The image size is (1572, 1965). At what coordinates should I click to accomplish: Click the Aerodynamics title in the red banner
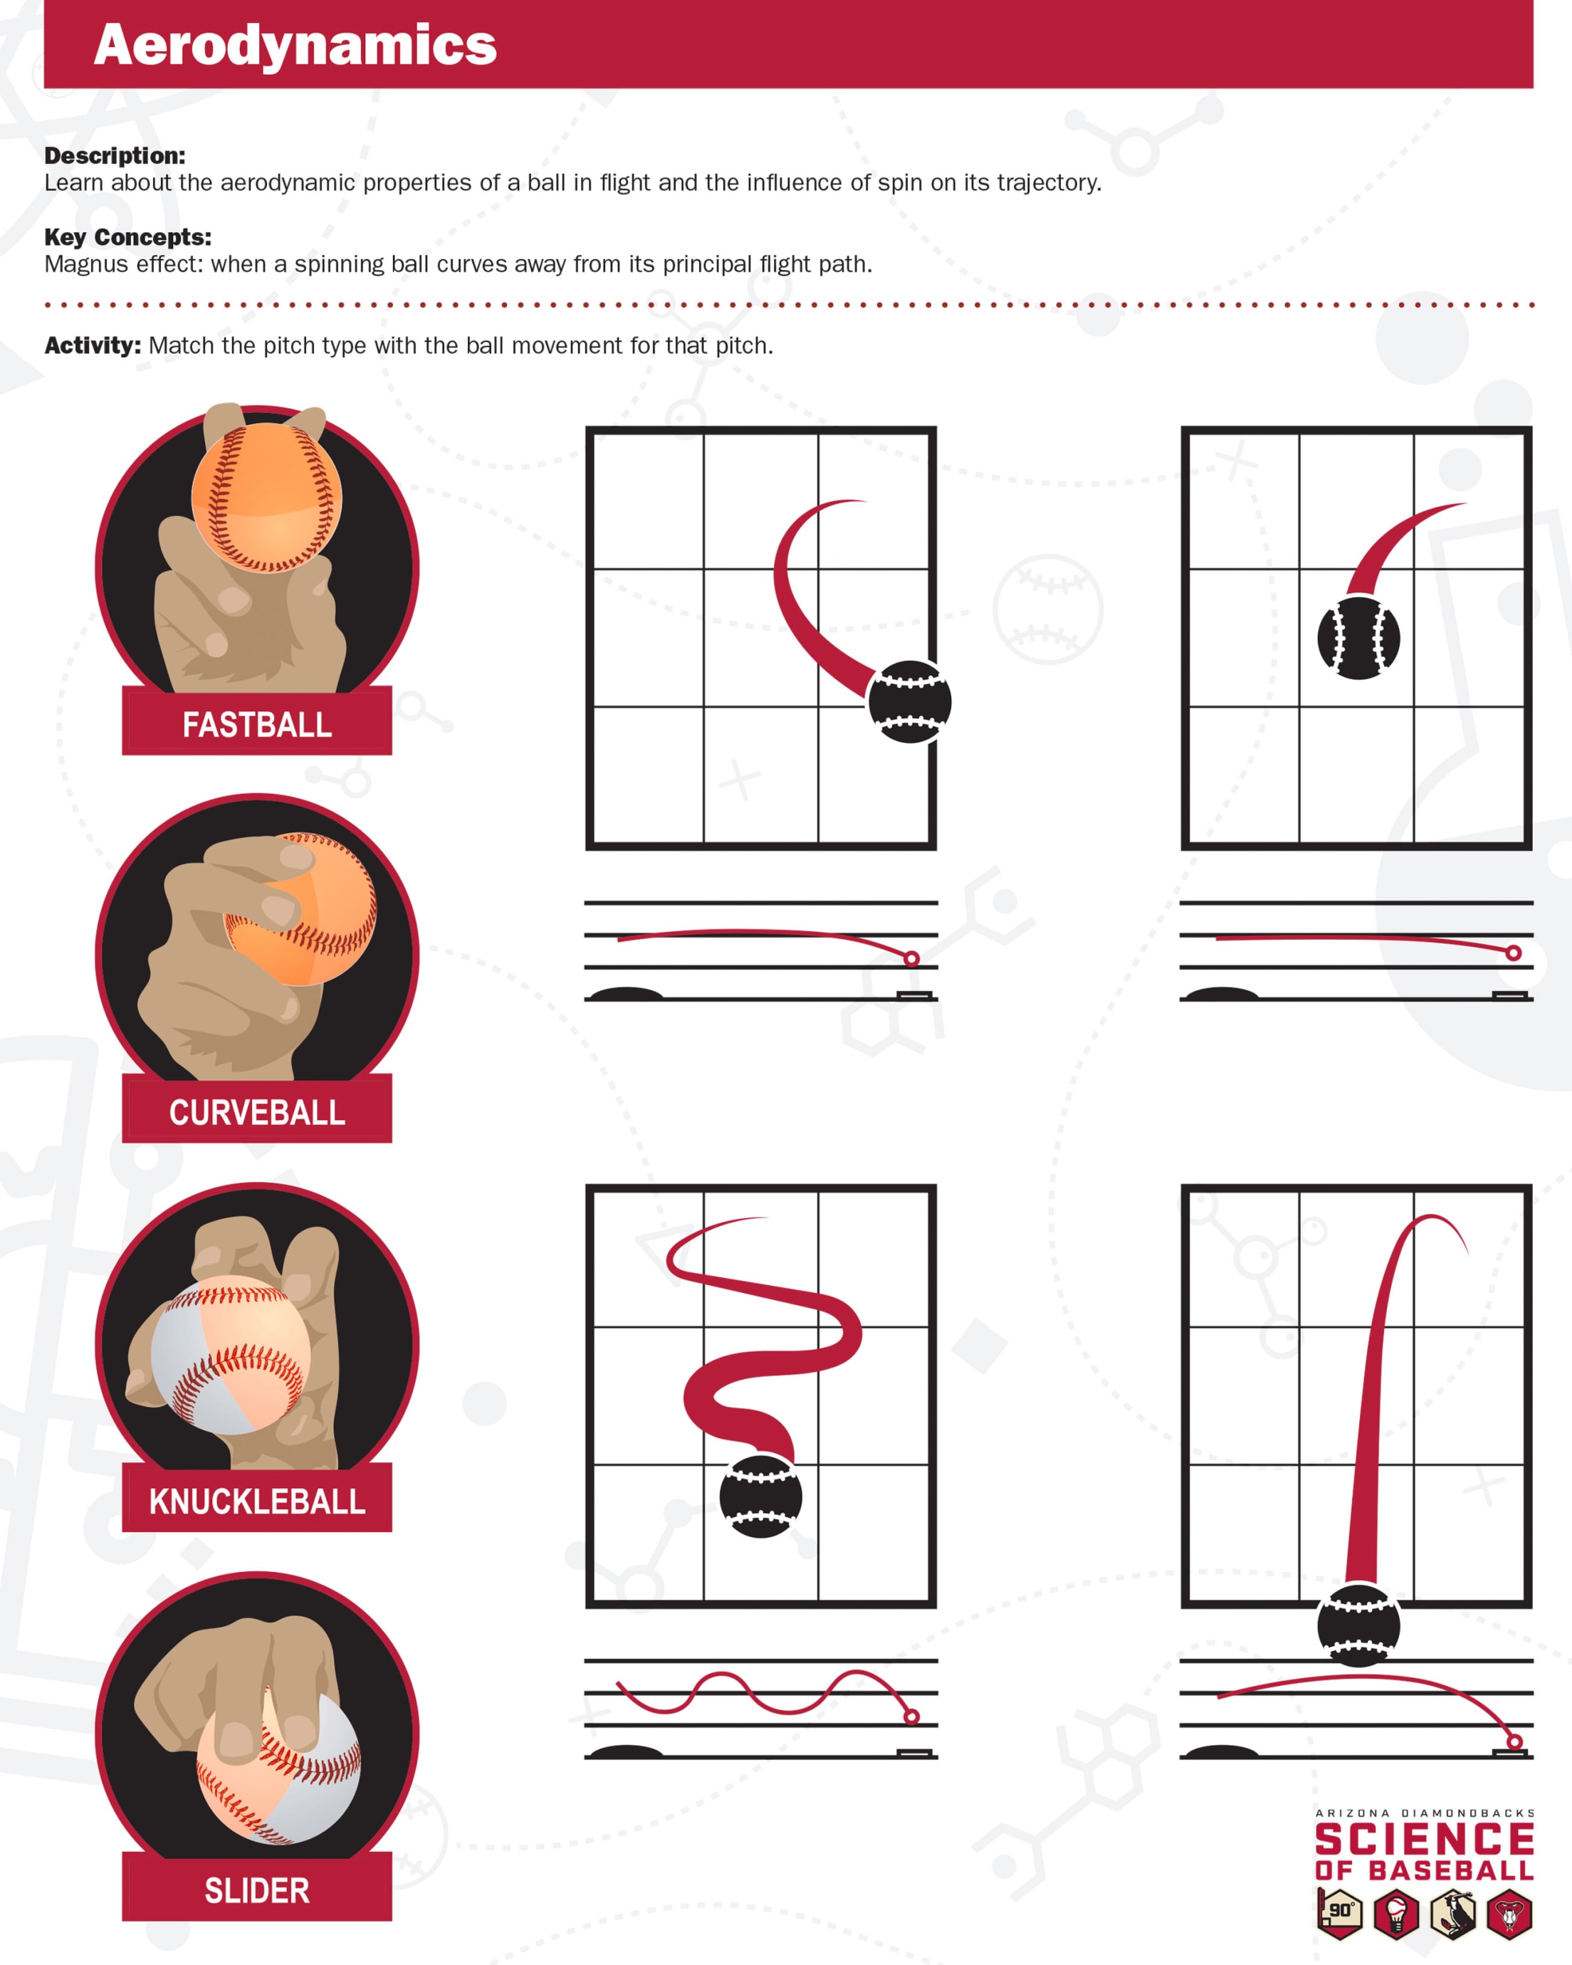pos(295,45)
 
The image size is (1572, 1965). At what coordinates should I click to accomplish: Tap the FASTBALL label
pos(257,725)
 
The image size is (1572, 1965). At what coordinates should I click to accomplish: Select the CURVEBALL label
pos(257,1112)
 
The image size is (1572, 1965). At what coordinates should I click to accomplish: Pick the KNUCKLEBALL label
pos(257,1501)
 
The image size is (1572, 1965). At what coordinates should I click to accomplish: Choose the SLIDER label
pos(257,1890)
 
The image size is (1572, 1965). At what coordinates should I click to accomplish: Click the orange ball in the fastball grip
pos(266,498)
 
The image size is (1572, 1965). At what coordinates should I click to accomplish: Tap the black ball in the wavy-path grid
pos(761,1497)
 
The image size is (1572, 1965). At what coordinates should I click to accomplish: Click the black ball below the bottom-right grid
pos(1358,1626)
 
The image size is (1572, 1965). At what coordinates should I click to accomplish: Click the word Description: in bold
pos(115,156)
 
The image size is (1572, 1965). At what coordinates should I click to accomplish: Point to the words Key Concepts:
pos(127,237)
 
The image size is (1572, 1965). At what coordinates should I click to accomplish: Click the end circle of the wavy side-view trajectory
pos(911,1717)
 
